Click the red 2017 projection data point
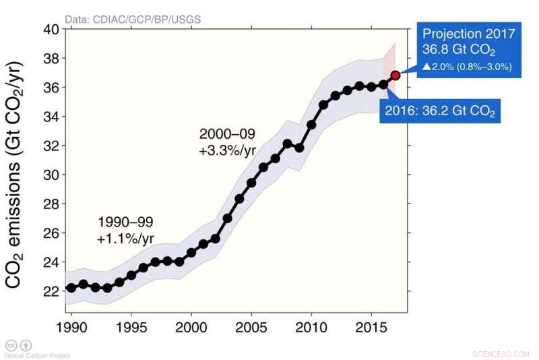coord(395,76)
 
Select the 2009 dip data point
coord(299,148)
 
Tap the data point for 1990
coord(71,288)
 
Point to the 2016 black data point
coord(383,84)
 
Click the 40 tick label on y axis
coord(52,30)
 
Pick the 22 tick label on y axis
coord(52,291)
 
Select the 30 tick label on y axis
coord(52,175)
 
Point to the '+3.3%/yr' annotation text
coord(227,151)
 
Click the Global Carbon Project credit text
coord(37,355)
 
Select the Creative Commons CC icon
coord(11,344)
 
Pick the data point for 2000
coord(191,252)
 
